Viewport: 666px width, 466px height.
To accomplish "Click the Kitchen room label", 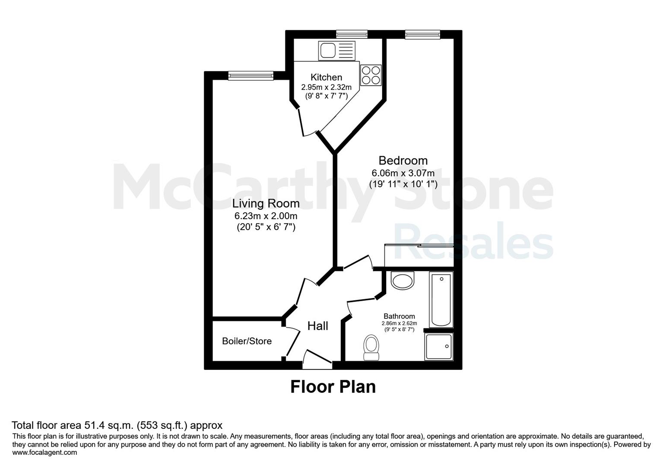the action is coord(326,77).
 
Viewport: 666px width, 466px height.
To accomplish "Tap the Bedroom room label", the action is coord(403,161).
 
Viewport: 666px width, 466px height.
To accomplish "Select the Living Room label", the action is coord(266,204).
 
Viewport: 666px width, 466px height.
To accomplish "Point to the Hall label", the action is coord(317,326).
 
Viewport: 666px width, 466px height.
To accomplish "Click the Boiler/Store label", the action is coord(247,341).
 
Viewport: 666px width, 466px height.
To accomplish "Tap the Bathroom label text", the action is coord(399,316).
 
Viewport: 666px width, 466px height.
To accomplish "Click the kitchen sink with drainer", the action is coord(336,50).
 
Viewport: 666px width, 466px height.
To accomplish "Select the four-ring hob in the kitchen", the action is coord(371,75).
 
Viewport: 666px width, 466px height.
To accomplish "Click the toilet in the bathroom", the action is coord(371,347).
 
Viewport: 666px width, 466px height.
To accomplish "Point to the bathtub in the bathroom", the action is coord(441,299).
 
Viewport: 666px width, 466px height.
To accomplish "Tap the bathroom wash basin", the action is coord(402,280).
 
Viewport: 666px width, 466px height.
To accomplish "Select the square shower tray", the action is coord(439,346).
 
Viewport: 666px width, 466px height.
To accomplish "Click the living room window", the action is coord(251,76).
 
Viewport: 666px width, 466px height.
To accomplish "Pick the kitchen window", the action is coord(352,35).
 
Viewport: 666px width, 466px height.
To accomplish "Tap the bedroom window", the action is coord(422,35).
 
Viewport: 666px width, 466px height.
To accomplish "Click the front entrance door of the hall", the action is coord(317,360).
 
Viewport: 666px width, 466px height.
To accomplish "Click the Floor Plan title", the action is coord(333,387).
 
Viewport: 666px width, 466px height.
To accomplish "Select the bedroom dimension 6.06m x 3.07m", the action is coord(403,173).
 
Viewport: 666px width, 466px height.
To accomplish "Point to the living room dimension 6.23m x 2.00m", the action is coord(266,216).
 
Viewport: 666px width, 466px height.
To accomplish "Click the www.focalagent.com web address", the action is coord(44,452).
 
